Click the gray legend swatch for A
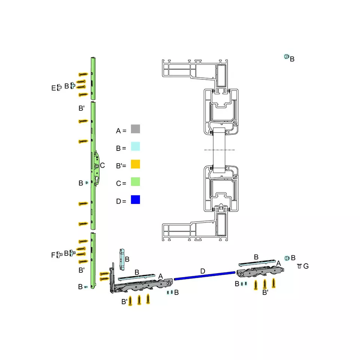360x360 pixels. click(x=135, y=129)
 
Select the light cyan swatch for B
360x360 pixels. click(x=135, y=146)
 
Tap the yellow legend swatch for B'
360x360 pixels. click(x=135, y=164)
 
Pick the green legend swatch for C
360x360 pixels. click(x=135, y=181)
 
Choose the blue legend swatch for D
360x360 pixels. click(x=135, y=199)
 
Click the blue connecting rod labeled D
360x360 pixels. click(x=205, y=276)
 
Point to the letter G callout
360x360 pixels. click(x=306, y=266)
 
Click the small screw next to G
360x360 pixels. click(x=299, y=266)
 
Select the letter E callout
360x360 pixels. click(x=54, y=88)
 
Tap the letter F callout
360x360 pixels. click(x=53, y=255)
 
